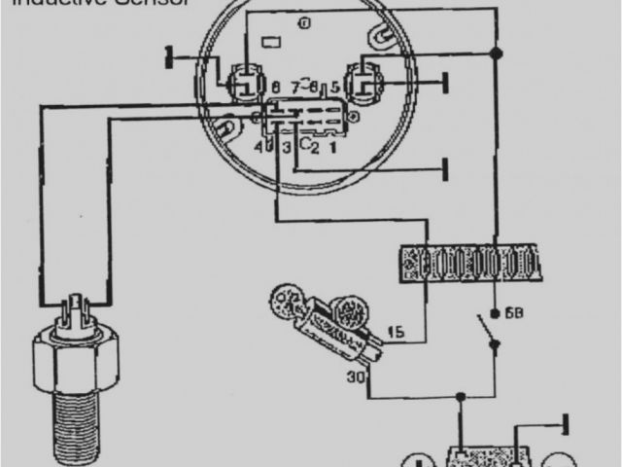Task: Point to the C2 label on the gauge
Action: click(x=309, y=146)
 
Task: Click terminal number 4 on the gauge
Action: click(x=259, y=147)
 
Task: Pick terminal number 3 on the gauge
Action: click(x=286, y=147)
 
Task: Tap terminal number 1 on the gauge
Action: click(x=332, y=148)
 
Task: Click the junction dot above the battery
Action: click(x=461, y=397)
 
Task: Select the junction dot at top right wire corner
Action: click(x=497, y=51)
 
